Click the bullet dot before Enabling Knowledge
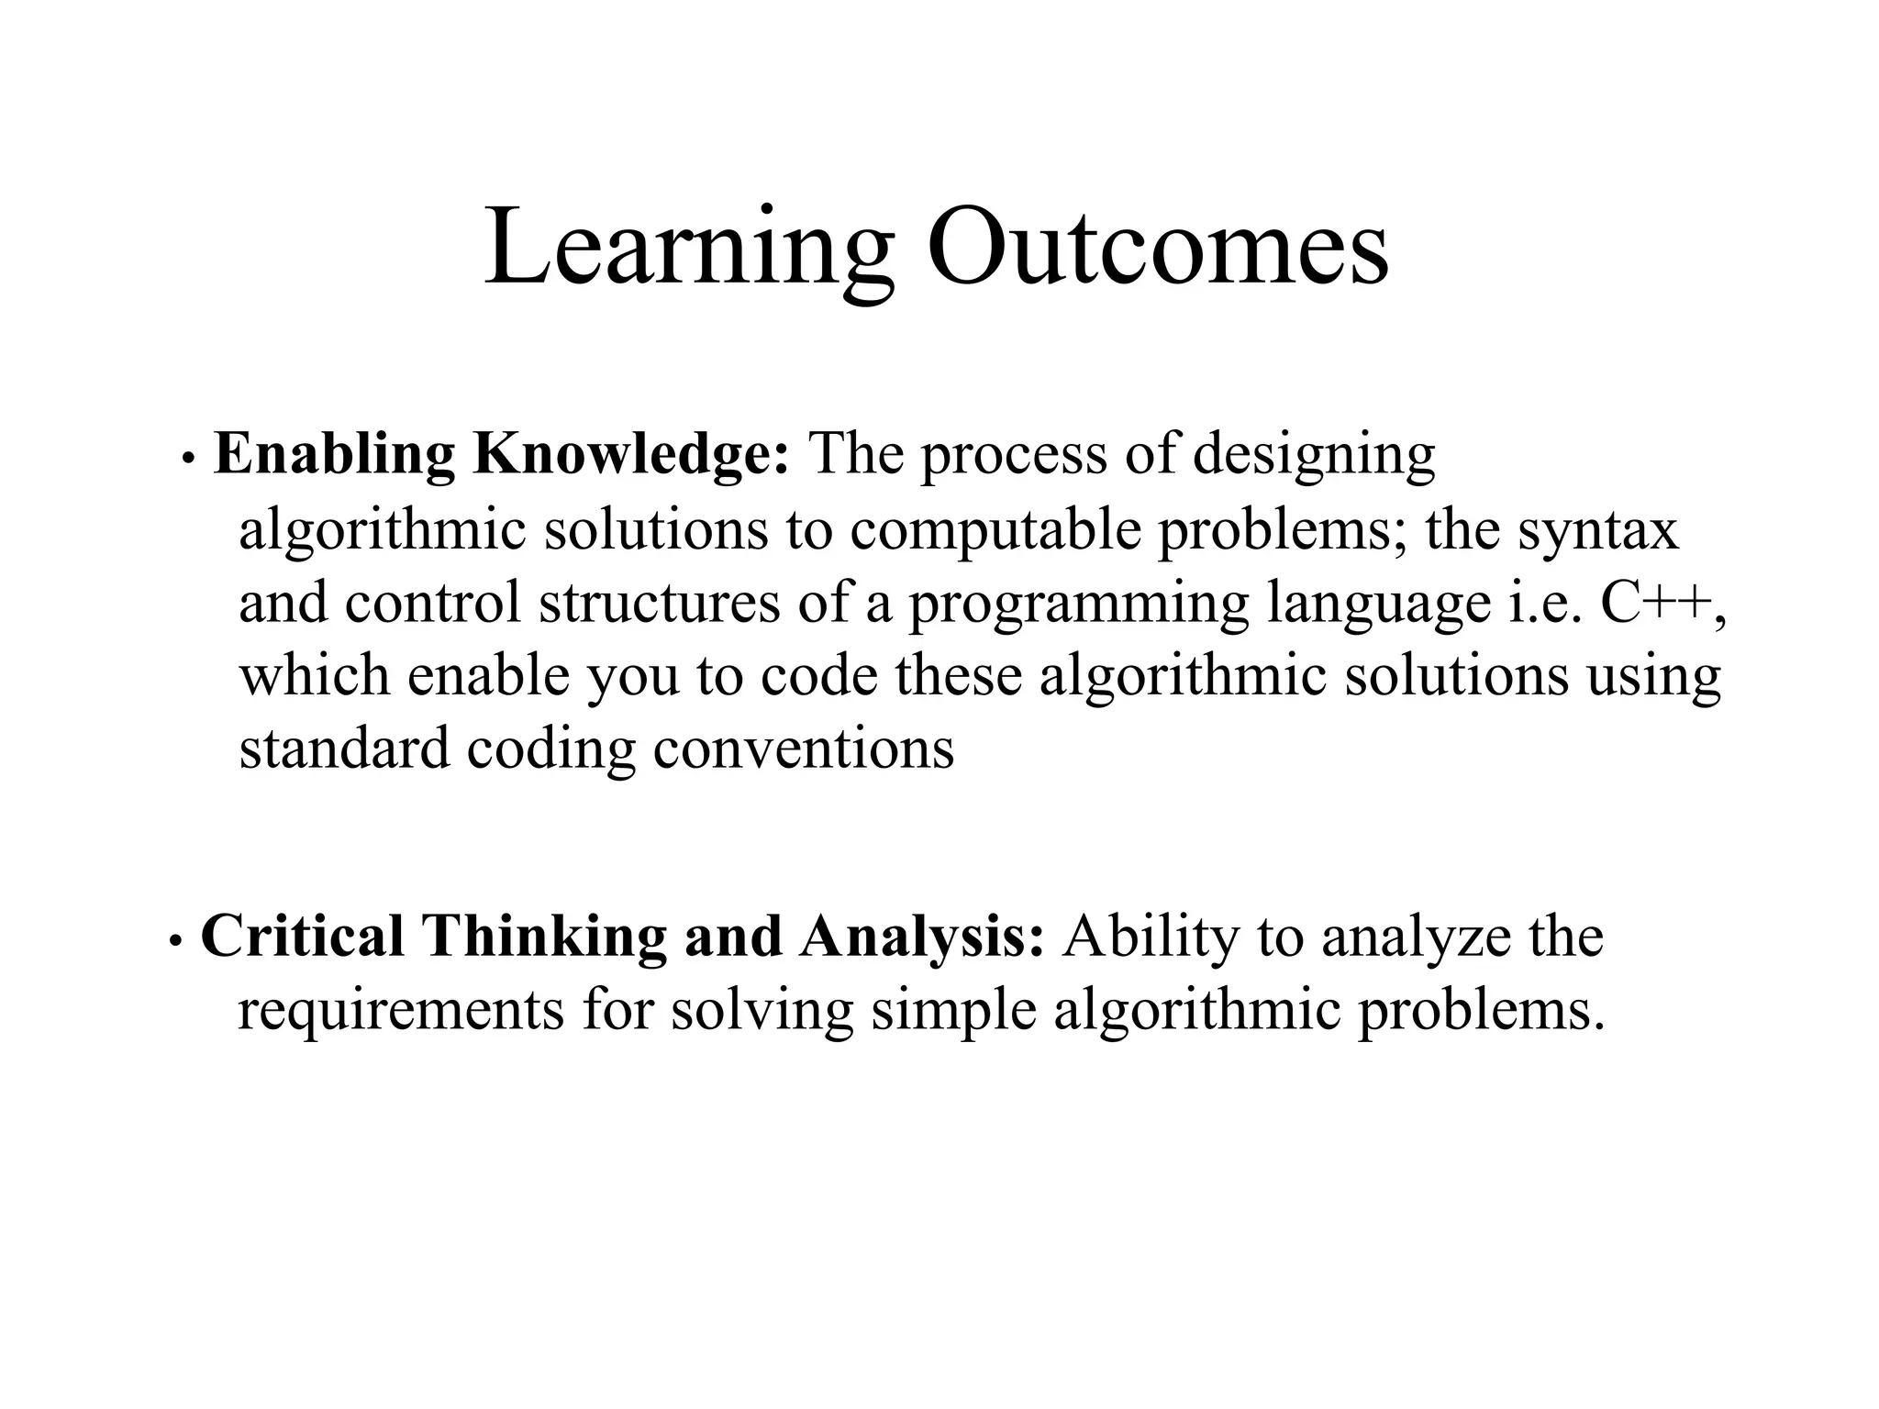187,459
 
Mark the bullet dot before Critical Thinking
174,940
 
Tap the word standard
344,748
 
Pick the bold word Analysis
920,937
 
